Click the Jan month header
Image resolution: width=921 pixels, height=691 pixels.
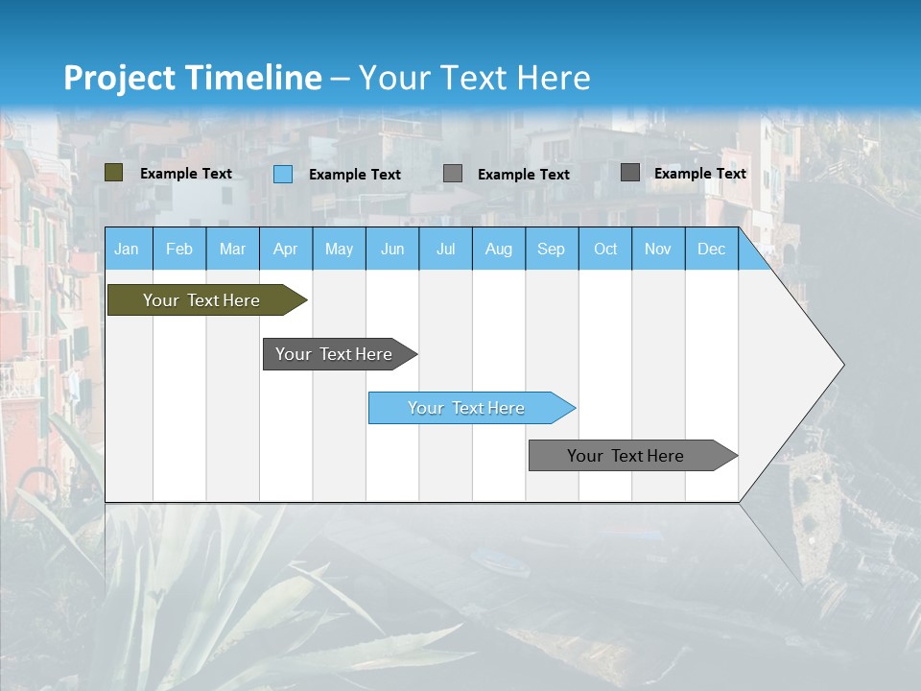[x=127, y=250]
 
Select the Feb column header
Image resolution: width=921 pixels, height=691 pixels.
[x=179, y=250]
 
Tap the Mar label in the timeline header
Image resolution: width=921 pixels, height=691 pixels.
[x=232, y=250]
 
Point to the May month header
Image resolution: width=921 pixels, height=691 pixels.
[x=339, y=250]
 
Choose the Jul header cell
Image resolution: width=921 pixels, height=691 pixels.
[x=445, y=250]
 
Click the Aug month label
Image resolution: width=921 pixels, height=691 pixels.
[x=499, y=250]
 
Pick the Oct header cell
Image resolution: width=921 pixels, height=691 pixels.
[x=605, y=250]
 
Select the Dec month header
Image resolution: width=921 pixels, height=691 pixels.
[x=711, y=250]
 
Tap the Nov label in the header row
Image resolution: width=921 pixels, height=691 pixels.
[x=658, y=250]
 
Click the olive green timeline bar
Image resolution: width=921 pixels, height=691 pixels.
[x=201, y=300]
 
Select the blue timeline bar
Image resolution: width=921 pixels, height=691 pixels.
[x=467, y=408]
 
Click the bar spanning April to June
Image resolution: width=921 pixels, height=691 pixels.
[x=335, y=354]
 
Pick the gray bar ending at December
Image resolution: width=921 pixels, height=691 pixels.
[x=626, y=456]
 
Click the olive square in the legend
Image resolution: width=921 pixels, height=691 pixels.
[x=114, y=173]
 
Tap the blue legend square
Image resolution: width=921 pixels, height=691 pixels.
[x=283, y=174]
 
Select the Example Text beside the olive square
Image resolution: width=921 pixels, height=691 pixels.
[x=186, y=174]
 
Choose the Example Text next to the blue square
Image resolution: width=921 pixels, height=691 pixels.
[x=355, y=175]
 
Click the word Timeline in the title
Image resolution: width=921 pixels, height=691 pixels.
[x=253, y=78]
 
